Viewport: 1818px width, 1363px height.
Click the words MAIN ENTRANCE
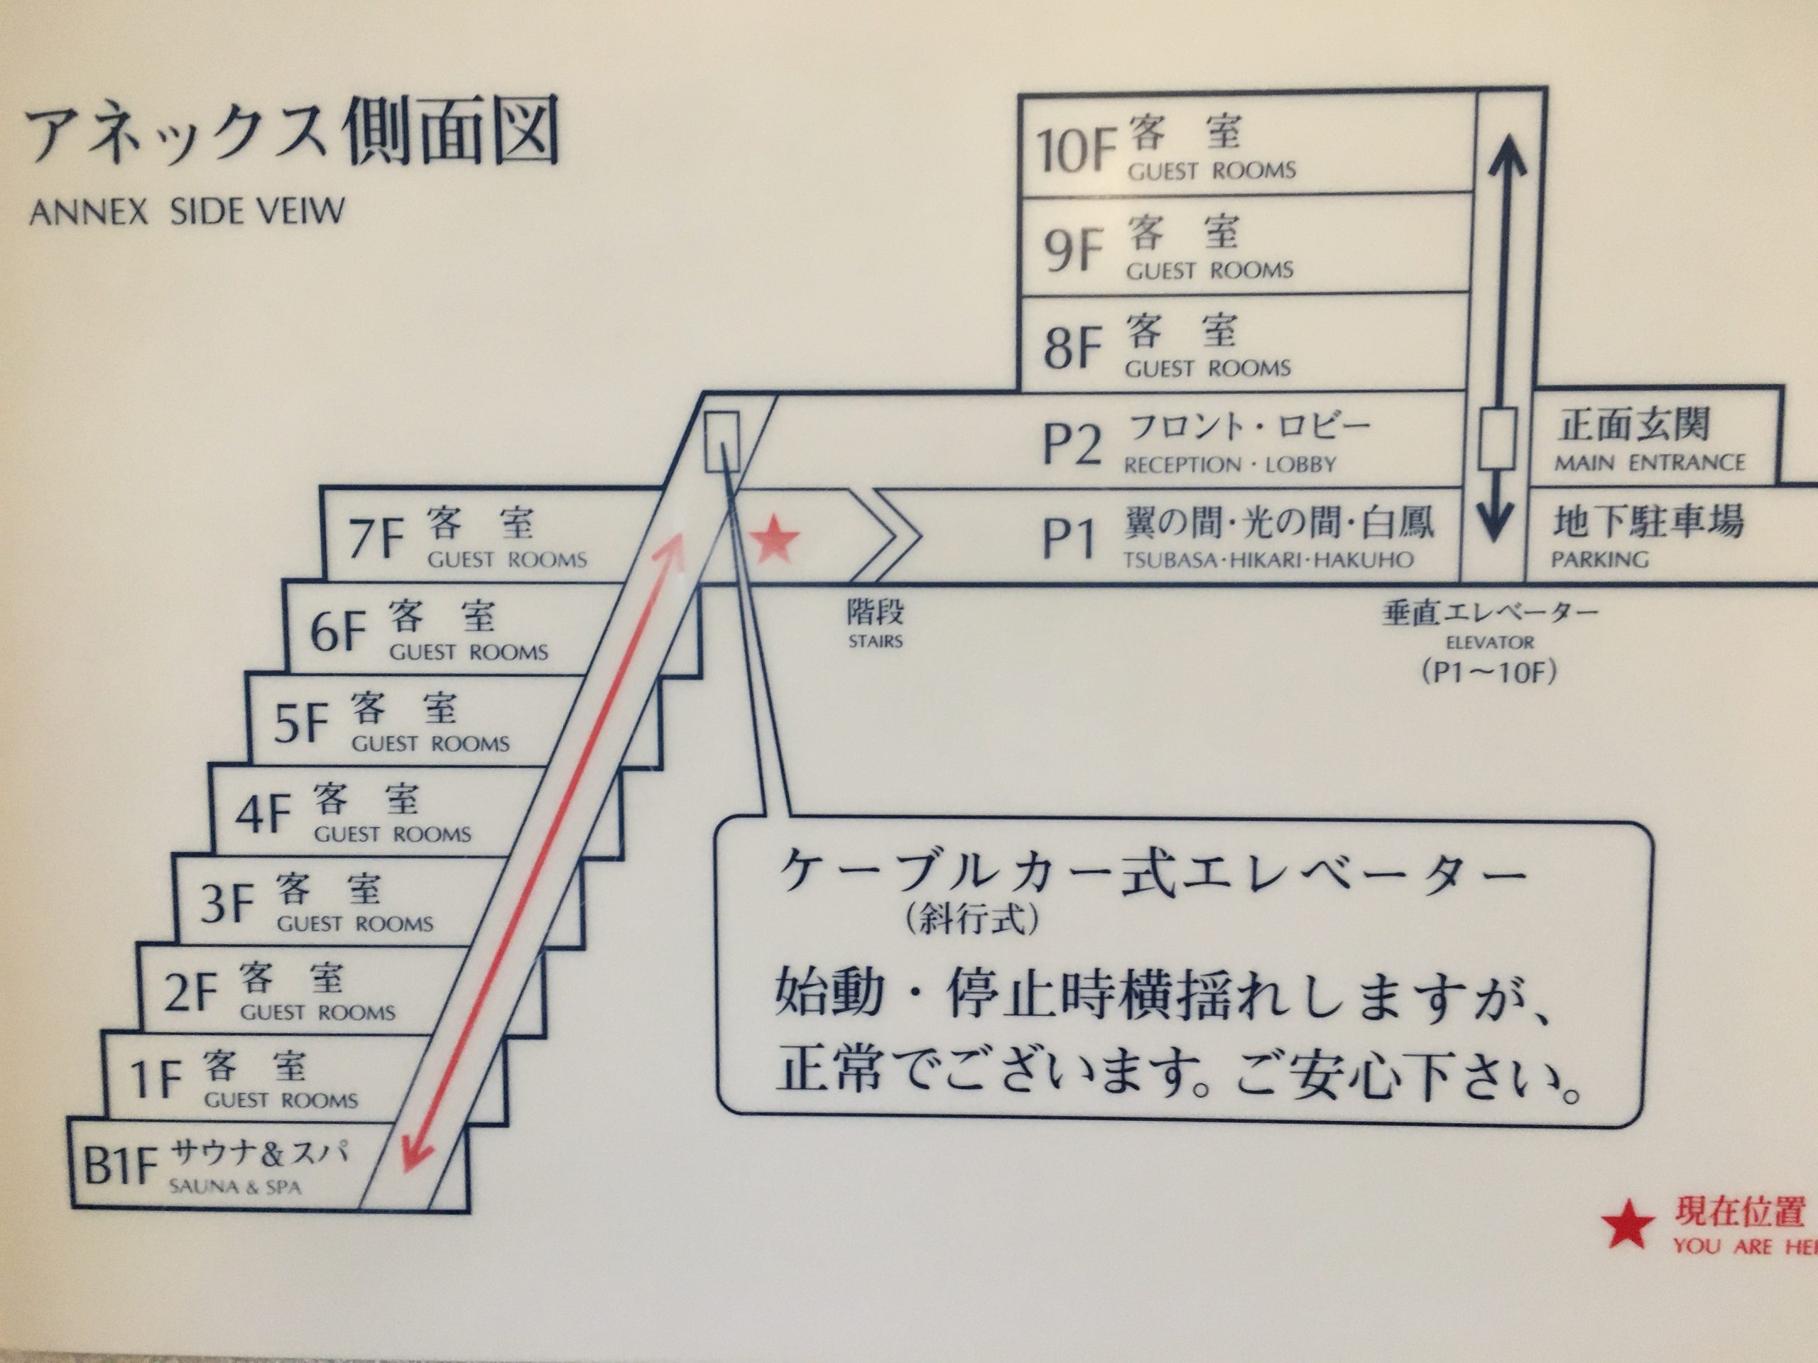[1649, 464]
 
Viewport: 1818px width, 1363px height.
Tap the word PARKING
[1599, 560]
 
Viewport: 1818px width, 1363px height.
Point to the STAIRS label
[876, 641]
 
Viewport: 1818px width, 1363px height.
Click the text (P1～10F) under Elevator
[1488, 673]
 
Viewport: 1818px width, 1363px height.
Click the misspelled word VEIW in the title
[303, 212]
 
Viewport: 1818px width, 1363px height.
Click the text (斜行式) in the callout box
[971, 918]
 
